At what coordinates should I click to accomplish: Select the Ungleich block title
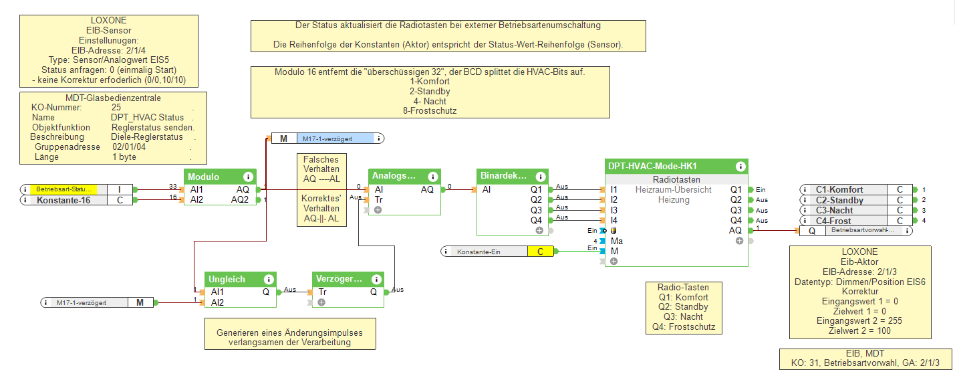point(227,280)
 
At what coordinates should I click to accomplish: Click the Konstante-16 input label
point(63,200)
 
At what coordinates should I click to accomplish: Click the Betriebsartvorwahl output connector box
point(868,231)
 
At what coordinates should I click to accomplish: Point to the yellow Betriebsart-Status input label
point(63,190)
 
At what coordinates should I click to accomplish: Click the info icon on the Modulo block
point(248,177)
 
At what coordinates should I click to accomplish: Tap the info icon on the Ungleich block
point(269,280)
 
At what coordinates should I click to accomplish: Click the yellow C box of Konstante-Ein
point(541,252)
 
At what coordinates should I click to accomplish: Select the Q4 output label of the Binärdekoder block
point(536,220)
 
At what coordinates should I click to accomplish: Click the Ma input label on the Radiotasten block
point(616,241)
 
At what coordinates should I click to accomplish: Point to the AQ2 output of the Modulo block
point(240,200)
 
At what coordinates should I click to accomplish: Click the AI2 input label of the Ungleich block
point(217,302)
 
